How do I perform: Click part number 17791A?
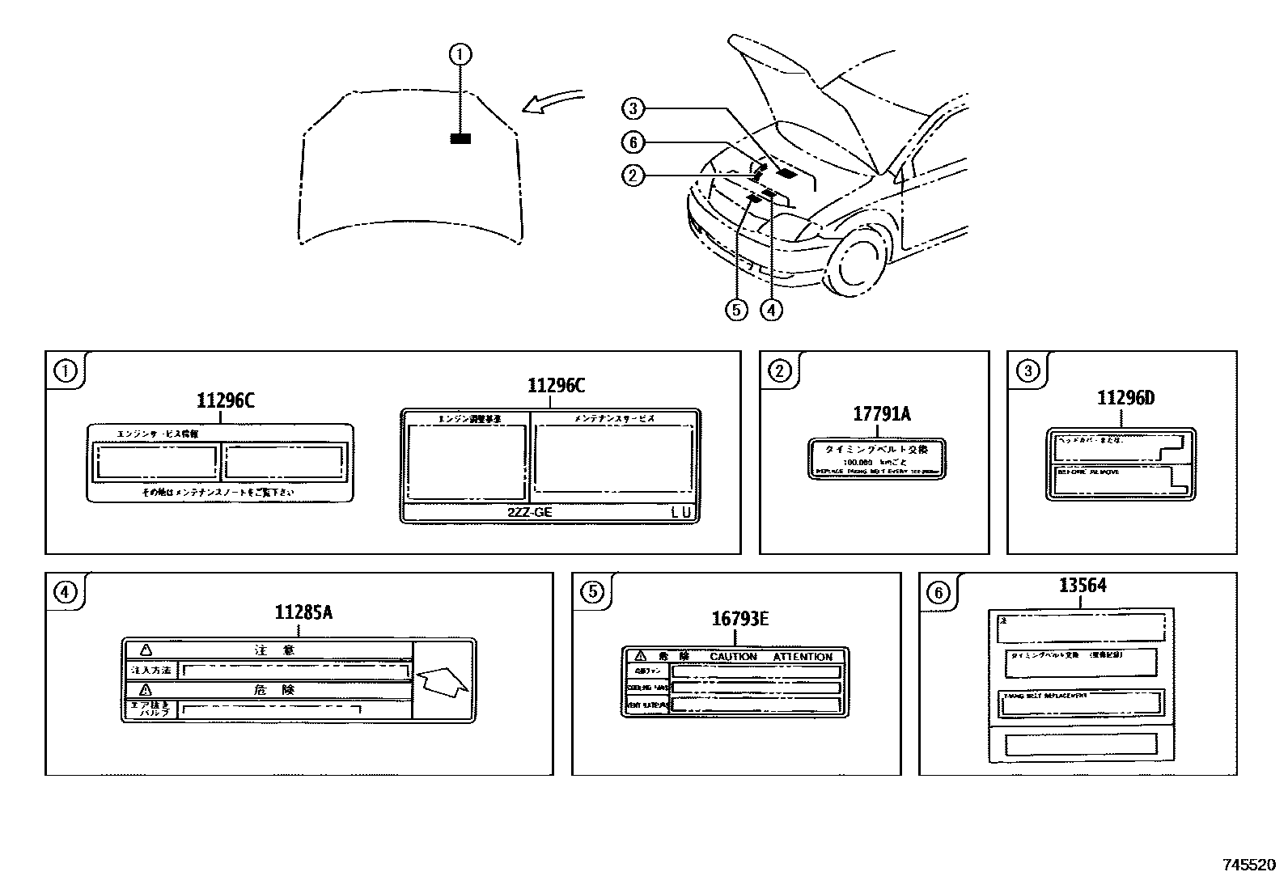tap(881, 414)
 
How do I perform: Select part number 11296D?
tap(1125, 398)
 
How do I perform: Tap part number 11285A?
tap(303, 612)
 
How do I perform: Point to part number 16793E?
tap(739, 620)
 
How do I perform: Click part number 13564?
tap(1083, 585)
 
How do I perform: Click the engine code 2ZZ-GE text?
tap(530, 512)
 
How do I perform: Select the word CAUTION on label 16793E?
tap(733, 657)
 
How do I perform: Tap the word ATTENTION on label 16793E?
tap(802, 657)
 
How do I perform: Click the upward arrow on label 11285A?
tap(442, 682)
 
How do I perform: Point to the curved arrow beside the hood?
tap(552, 101)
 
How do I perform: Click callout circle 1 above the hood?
tap(460, 55)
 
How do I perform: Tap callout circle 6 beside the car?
tap(633, 143)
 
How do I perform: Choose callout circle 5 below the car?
tap(736, 309)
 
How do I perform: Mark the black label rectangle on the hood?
tap(460, 139)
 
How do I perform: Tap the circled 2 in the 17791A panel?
tap(779, 371)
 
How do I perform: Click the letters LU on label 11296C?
tap(681, 512)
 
